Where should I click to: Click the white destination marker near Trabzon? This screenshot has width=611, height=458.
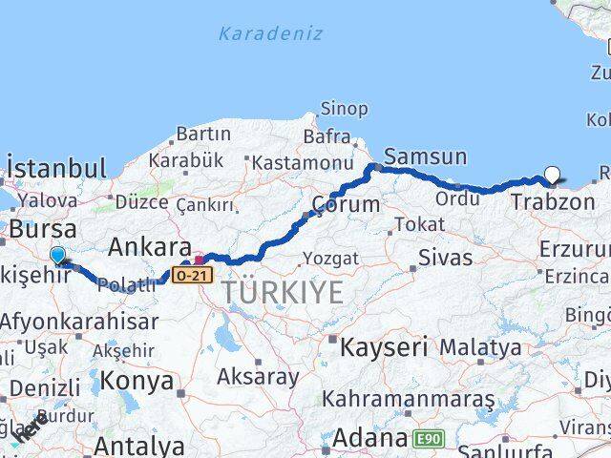[552, 175]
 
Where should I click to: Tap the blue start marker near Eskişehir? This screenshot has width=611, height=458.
[58, 255]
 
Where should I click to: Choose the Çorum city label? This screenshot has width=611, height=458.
[345, 204]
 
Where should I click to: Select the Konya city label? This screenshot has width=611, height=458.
[140, 382]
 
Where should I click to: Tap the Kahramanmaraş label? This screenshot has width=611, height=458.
[409, 398]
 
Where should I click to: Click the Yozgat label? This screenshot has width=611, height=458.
[330, 259]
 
